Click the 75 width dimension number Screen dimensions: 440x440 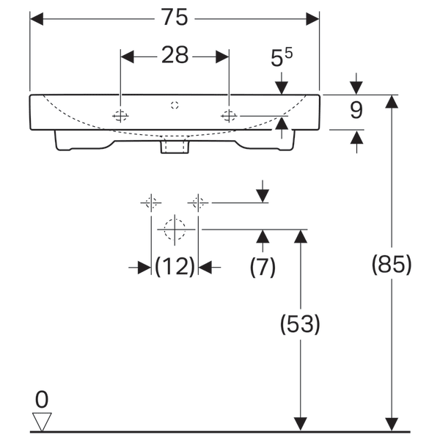pos(175,17)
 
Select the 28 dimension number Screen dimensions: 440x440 pos(175,55)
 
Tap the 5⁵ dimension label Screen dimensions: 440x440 pos(281,57)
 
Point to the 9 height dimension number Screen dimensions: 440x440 pos(356,110)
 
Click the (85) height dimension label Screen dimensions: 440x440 pos(392,264)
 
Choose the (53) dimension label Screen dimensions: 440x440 pos(300,324)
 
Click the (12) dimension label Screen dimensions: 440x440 pos(175,266)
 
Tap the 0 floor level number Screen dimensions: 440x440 pos(42,400)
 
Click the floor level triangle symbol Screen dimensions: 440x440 pos(42,422)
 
